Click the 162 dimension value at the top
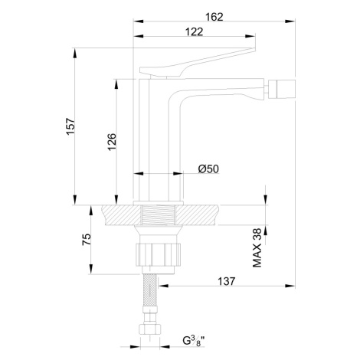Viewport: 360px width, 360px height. (214, 17)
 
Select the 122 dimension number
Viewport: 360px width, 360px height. (194, 32)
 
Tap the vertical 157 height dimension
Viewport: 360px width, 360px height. (70, 126)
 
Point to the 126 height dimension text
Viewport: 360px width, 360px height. (112, 142)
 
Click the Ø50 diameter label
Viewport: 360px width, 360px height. (208, 169)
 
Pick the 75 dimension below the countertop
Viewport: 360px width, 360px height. (87, 240)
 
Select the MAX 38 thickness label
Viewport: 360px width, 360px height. (257, 247)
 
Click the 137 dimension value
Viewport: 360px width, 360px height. (226, 281)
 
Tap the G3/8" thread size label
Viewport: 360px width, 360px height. (194, 341)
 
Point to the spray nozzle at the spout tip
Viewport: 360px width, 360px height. (281, 89)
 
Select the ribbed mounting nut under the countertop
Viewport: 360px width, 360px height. (158, 254)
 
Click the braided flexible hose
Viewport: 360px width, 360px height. (149, 291)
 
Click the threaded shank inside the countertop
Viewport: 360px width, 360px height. (159, 215)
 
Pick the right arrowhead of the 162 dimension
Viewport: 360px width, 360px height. (290, 21)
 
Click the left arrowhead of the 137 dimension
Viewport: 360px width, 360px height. (164, 286)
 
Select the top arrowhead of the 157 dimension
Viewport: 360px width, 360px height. (75, 53)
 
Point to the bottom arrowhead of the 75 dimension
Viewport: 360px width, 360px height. (90, 269)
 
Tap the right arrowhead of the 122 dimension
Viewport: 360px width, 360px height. (250, 36)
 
